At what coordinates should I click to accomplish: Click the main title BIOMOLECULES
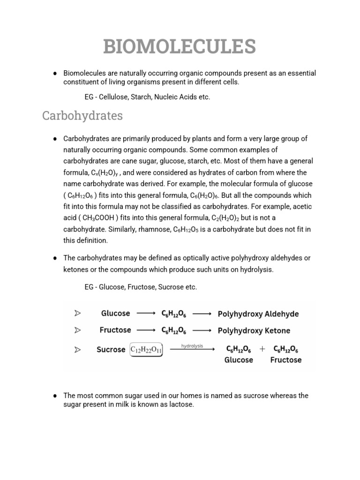(180, 47)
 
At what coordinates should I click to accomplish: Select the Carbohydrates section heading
(82, 116)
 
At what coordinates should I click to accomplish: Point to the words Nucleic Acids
(174, 97)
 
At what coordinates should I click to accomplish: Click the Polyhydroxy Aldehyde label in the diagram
(258, 314)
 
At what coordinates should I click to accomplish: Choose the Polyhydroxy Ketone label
(254, 330)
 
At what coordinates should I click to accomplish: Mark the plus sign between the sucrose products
(262, 349)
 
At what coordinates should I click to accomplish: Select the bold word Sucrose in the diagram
(111, 350)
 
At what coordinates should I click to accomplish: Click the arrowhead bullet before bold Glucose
(77, 314)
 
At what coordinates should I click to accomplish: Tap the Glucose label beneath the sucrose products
(239, 360)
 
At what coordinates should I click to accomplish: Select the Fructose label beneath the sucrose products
(286, 360)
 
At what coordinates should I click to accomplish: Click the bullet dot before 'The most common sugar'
(55, 396)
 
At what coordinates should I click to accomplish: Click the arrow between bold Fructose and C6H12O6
(146, 330)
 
